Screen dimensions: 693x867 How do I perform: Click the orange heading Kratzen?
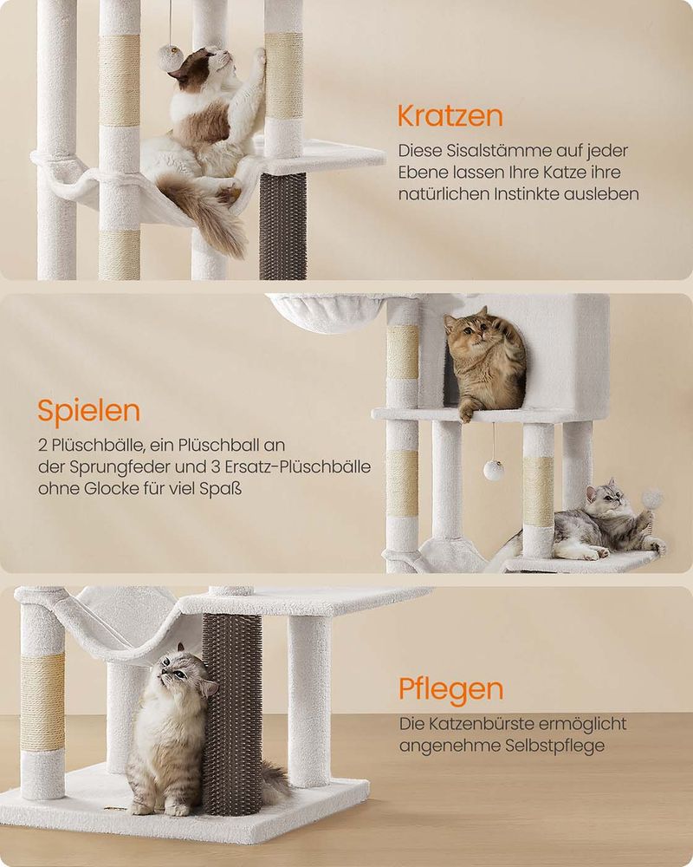tap(450, 116)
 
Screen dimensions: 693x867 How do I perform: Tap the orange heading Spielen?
tap(88, 411)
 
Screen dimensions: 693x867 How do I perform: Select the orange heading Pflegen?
tap(451, 690)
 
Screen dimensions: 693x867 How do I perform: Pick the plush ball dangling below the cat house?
tap(494, 470)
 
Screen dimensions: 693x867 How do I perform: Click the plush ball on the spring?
tap(652, 499)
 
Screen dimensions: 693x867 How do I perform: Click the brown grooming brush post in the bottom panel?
tap(231, 714)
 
